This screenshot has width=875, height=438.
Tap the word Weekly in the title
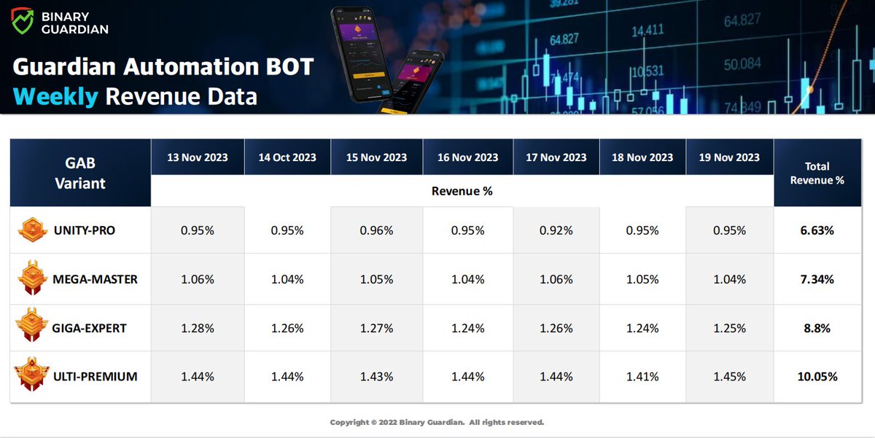(x=55, y=96)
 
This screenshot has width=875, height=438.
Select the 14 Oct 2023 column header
(x=287, y=157)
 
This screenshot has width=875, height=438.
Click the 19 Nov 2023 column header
(x=729, y=157)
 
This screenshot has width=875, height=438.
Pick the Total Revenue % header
(x=817, y=173)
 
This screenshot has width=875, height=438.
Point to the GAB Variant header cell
(x=80, y=173)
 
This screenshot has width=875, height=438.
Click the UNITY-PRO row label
(x=84, y=230)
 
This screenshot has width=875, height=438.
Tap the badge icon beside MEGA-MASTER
(x=31, y=279)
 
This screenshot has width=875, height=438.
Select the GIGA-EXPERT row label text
(x=90, y=328)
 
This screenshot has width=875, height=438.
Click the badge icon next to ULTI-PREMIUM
(x=31, y=377)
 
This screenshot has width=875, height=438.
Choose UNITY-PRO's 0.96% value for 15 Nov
(x=376, y=230)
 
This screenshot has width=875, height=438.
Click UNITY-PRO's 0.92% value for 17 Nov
(x=556, y=230)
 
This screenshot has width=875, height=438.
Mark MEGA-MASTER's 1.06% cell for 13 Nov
(x=197, y=279)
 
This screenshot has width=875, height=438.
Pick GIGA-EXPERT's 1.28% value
(x=197, y=328)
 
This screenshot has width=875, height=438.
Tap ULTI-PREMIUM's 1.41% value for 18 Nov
(x=642, y=377)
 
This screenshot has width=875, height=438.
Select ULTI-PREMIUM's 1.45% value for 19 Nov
(x=729, y=377)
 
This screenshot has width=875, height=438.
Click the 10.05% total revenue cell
(x=817, y=377)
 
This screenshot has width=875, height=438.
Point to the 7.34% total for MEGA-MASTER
(x=817, y=279)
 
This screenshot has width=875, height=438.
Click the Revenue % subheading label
(x=462, y=192)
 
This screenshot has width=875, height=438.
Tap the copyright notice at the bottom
(x=437, y=423)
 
